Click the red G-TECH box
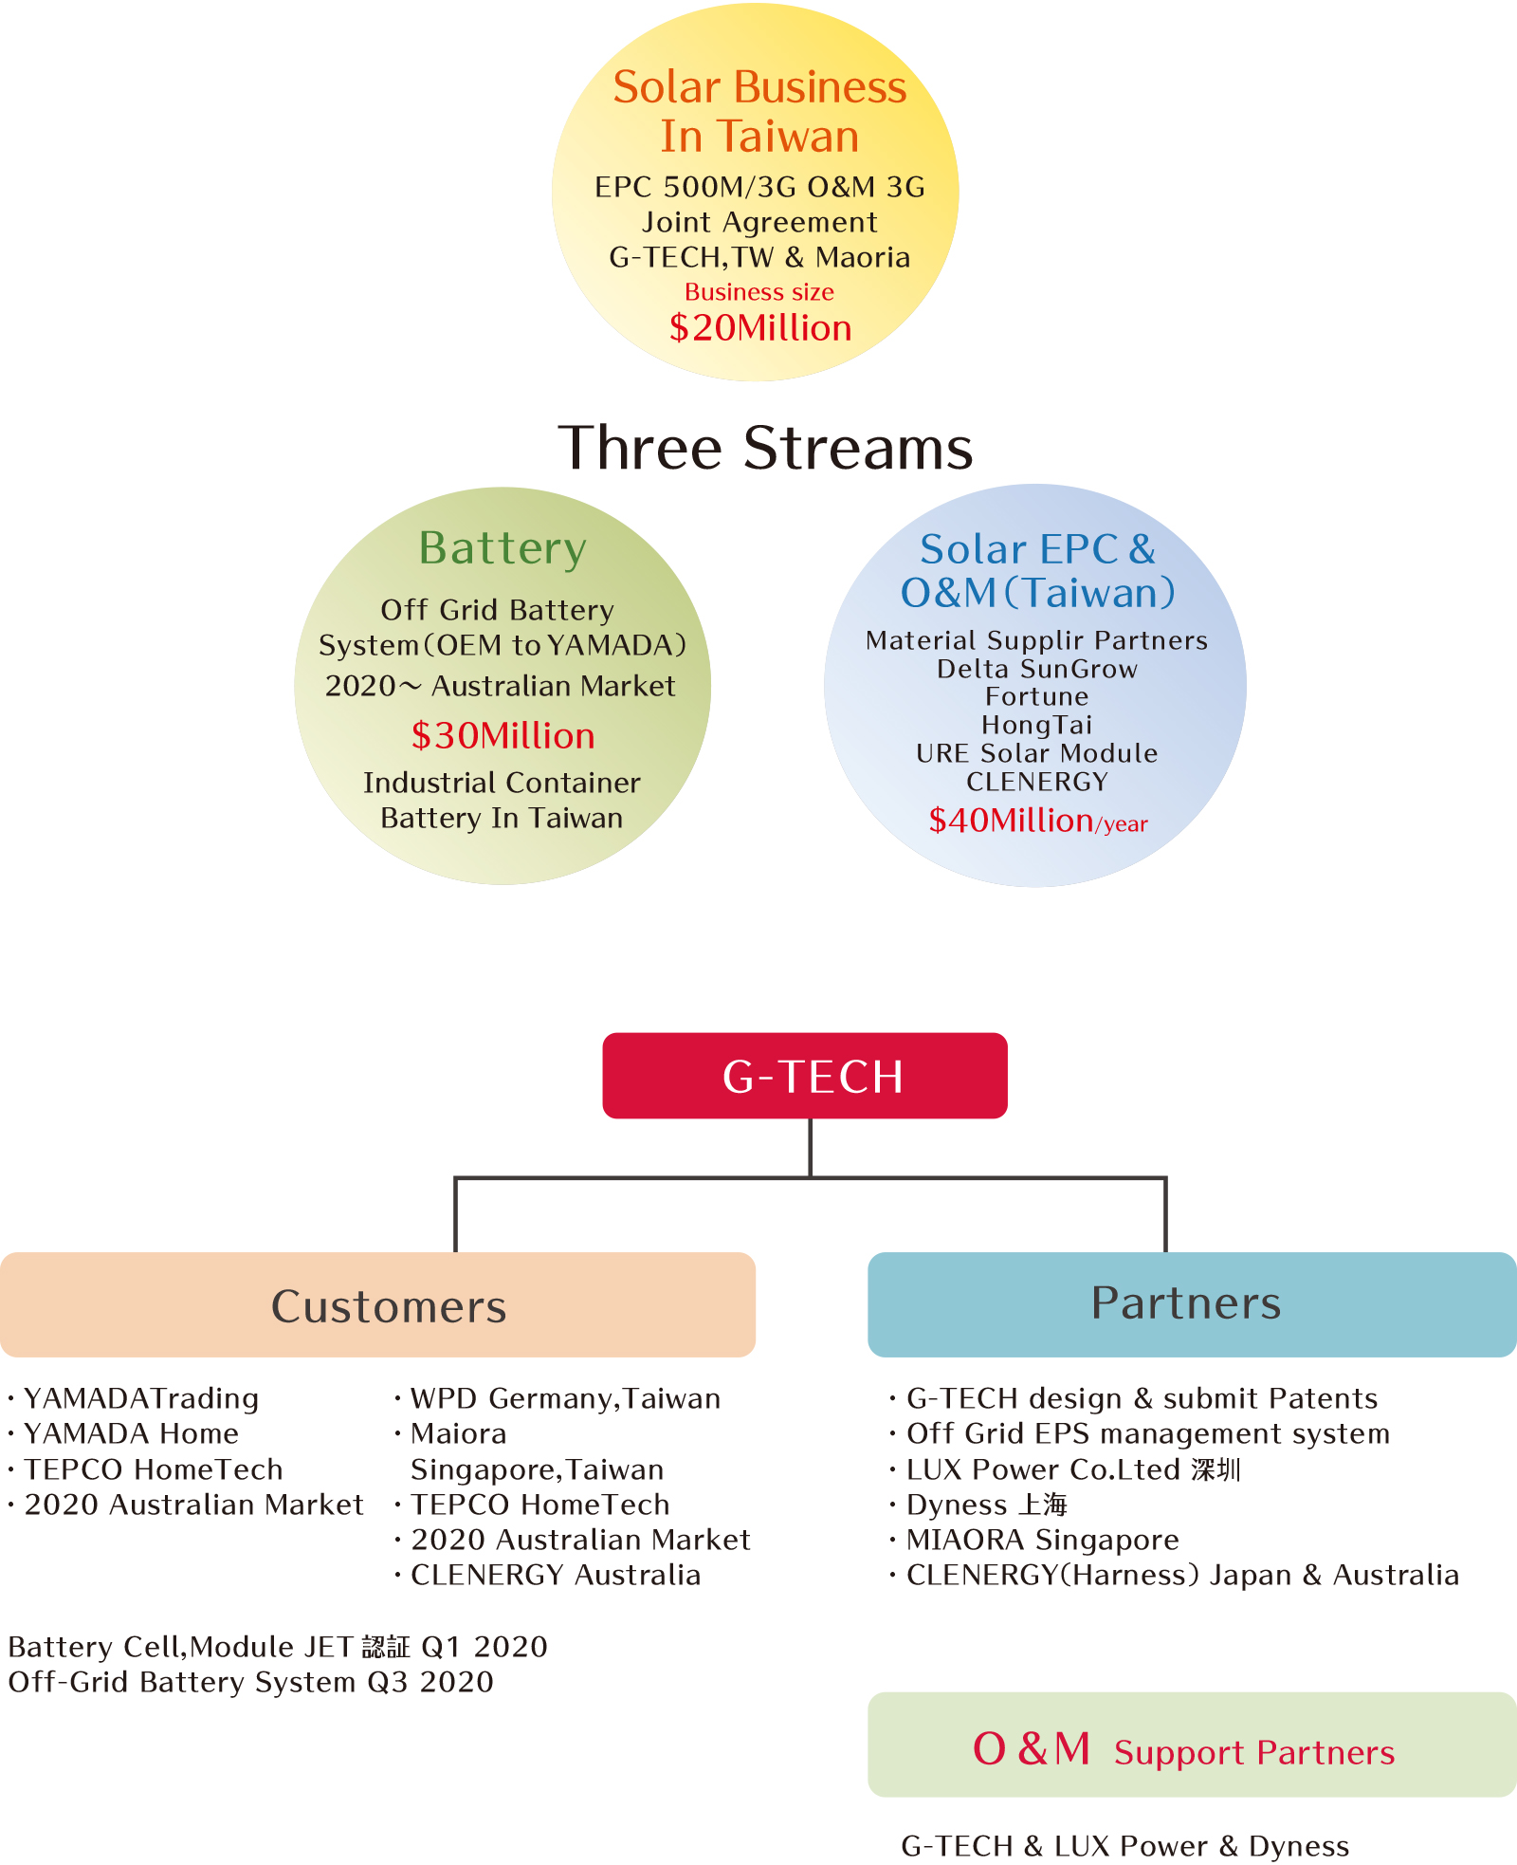pos(805,1076)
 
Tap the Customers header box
pos(377,1305)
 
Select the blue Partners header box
pos(1191,1303)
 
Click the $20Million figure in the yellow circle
pos(760,328)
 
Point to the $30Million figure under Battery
pos(503,736)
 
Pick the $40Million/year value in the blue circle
pos(1037,821)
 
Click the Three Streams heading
pos(765,448)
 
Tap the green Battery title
pos(503,548)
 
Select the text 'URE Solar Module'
pos(1036,753)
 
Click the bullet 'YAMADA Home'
pos(131,1433)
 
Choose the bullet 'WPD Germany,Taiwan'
pos(565,1398)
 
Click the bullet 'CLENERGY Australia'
pos(555,1575)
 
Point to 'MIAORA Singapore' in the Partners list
pos(1042,1540)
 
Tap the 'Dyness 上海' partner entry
pos(986,1505)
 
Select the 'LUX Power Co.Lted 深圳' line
pos(1072,1469)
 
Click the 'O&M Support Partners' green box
pos(1191,1745)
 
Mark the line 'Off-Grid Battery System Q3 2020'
pos(251,1682)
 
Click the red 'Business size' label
pos(759,292)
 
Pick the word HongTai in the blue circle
pos(1036,725)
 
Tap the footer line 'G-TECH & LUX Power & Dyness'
pos(1124,1846)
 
